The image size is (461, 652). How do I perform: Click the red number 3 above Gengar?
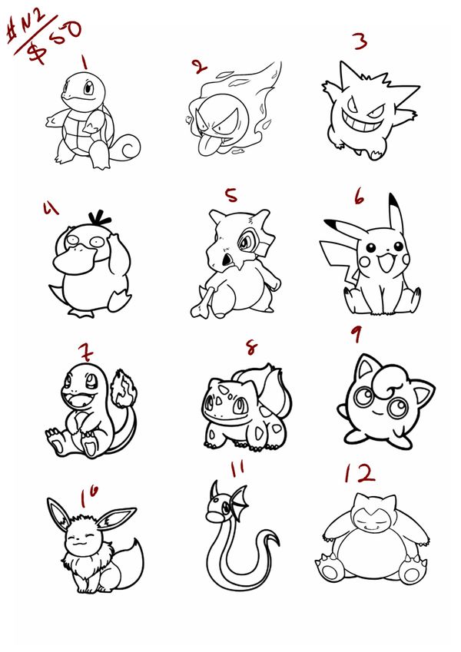click(x=360, y=41)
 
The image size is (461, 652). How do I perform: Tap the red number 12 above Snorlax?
click(x=360, y=473)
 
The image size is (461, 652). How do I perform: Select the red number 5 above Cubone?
click(x=231, y=194)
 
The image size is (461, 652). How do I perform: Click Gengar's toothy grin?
click(x=364, y=121)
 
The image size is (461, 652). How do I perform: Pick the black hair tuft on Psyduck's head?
click(x=99, y=218)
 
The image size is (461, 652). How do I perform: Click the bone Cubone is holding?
click(x=204, y=302)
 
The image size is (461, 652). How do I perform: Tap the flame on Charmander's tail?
click(x=124, y=388)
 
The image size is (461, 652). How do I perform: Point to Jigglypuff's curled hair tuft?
click(x=387, y=380)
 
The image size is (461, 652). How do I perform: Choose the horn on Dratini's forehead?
click(x=214, y=490)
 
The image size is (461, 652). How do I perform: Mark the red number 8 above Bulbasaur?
click(x=251, y=348)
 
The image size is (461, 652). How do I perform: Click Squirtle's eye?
click(x=88, y=88)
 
